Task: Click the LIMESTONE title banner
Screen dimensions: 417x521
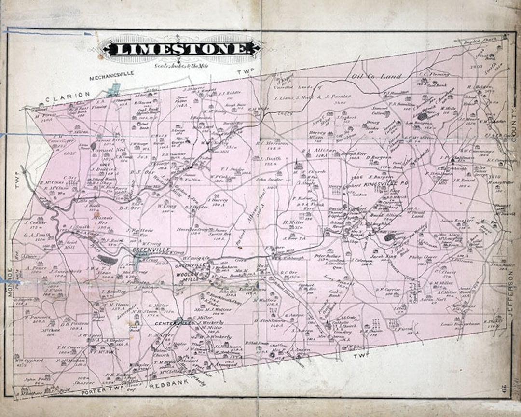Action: coord(179,49)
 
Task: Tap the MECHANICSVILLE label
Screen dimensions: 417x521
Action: coord(113,76)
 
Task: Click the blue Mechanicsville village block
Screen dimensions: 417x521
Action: coord(114,89)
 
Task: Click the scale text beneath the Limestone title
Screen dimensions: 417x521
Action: coord(179,64)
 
